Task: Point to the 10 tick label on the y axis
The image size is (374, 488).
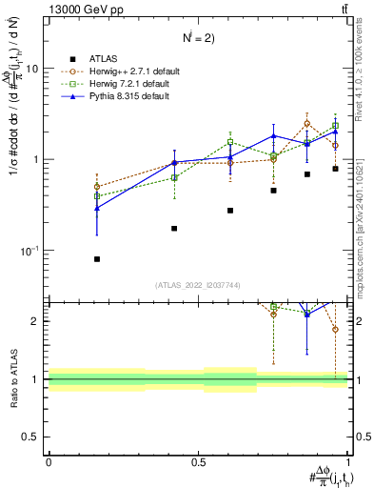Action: (31, 70)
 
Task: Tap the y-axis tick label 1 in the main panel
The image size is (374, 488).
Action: (35, 160)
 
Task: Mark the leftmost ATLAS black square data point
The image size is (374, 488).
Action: (97, 259)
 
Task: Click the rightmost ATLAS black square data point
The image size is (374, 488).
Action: (335, 169)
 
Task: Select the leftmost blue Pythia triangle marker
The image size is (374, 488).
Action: (97, 207)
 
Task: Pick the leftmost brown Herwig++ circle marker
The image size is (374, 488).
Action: (97, 187)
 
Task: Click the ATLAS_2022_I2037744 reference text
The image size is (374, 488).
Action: (198, 285)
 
